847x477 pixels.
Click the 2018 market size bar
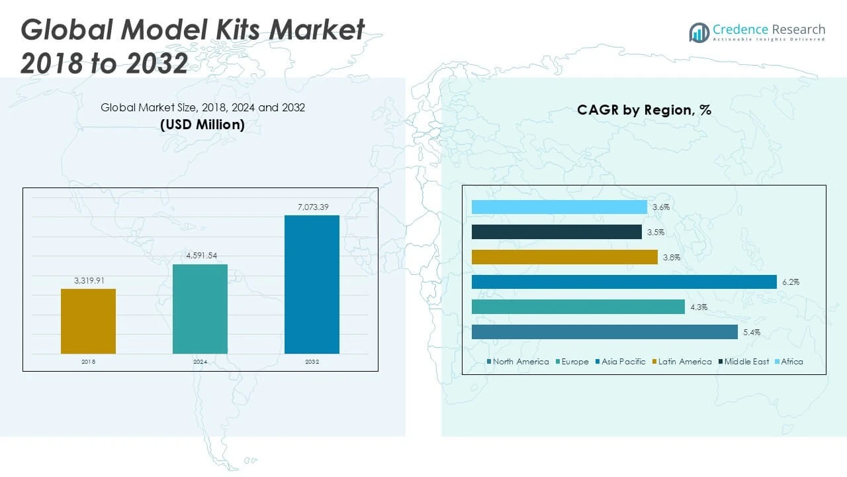pyautogui.click(x=88, y=321)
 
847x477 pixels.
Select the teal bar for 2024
pyautogui.click(x=200, y=309)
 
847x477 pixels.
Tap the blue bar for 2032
pyautogui.click(x=312, y=284)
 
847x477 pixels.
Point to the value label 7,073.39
pyautogui.click(x=312, y=207)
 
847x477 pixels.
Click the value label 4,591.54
pyautogui.click(x=200, y=256)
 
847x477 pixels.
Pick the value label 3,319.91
pyautogui.click(x=88, y=280)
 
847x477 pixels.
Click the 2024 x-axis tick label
pyautogui.click(x=200, y=362)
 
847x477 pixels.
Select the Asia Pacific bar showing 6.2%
pyautogui.click(x=624, y=282)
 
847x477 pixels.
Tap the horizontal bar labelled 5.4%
pyautogui.click(x=604, y=332)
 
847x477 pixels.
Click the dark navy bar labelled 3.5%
pyautogui.click(x=557, y=232)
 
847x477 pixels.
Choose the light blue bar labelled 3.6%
pyautogui.click(x=559, y=207)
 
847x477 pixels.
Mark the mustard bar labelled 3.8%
pyautogui.click(x=564, y=257)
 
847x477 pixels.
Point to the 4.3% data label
pyautogui.click(x=699, y=307)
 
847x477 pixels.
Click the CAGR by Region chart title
pyautogui.click(x=644, y=110)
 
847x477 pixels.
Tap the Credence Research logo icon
pyautogui.click(x=699, y=32)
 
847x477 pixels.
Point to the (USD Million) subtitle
pyautogui.click(x=202, y=124)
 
